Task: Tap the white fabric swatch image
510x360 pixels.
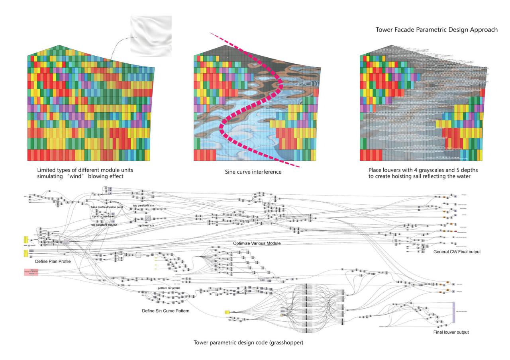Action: pyautogui.click(x=151, y=36)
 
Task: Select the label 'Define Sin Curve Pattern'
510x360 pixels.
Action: pyautogui.click(x=165, y=311)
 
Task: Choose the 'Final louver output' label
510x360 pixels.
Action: pyautogui.click(x=451, y=332)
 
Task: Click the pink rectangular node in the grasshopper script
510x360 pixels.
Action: pyautogui.click(x=31, y=272)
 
